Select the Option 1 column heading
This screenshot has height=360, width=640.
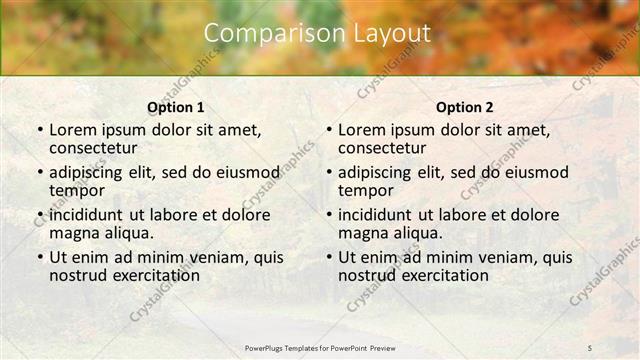coord(175,107)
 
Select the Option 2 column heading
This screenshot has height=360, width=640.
coord(464,107)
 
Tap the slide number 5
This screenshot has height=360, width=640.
coord(590,346)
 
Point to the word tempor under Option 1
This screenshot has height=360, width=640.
coord(77,190)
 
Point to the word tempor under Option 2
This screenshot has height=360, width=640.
coord(366,190)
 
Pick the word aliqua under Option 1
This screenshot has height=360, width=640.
coord(128,233)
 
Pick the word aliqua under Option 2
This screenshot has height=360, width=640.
coord(417,233)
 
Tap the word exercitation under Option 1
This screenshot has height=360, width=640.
coord(145,275)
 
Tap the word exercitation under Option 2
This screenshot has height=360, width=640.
coord(434,275)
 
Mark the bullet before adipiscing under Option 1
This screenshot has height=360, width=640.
coord(39,172)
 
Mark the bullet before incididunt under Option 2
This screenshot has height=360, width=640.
coord(328,215)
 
